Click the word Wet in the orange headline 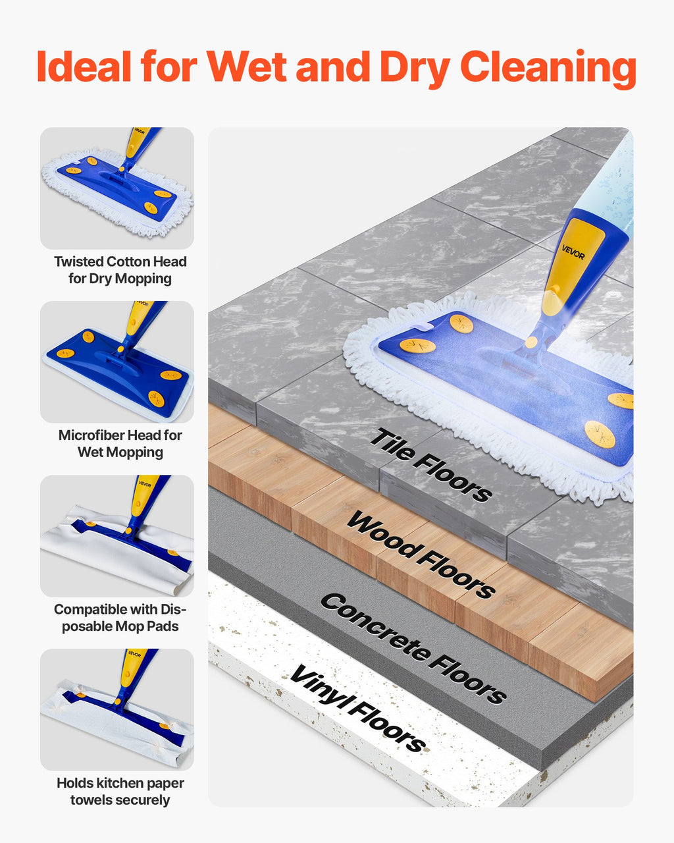point(246,67)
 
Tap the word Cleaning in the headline point(548,69)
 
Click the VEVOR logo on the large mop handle point(573,253)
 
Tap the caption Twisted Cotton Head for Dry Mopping point(120,270)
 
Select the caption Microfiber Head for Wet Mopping point(120,443)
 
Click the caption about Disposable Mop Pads point(120,618)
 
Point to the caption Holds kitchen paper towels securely point(120,791)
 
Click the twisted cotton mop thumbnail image point(117,188)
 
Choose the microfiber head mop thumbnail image point(117,362)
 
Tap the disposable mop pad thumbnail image point(117,536)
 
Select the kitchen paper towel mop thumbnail point(117,709)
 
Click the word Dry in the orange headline point(415,69)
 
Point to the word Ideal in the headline point(84,66)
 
